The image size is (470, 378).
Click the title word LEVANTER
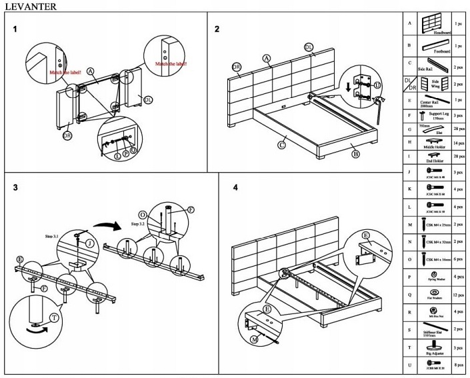(28, 6)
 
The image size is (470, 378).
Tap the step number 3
(15, 188)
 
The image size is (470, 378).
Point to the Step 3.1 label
(52, 237)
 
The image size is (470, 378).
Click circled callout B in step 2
(355, 154)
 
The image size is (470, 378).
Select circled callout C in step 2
(281, 143)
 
